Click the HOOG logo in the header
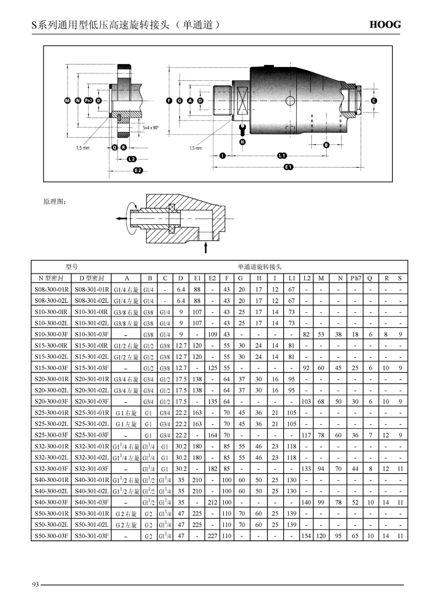click(x=385, y=25)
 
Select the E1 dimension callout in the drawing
click(x=288, y=167)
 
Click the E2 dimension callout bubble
click(x=138, y=170)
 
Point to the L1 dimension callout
click(x=282, y=156)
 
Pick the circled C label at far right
click(x=374, y=101)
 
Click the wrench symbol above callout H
click(x=242, y=129)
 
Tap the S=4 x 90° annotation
click(x=151, y=128)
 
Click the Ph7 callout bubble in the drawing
click(x=88, y=101)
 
